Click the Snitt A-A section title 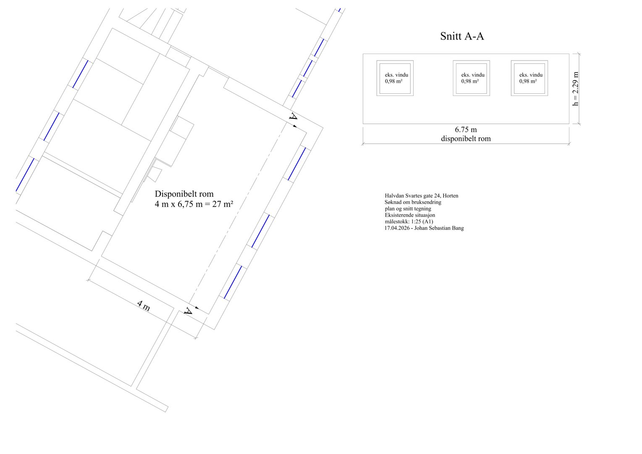pos(462,36)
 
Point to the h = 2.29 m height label pos(575,89)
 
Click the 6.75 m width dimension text pos(466,130)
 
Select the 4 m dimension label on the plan pos(143,306)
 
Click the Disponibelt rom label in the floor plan pos(184,194)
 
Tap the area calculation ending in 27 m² pos(194,204)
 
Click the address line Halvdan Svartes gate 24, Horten pos(421,196)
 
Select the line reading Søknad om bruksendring pos(413,202)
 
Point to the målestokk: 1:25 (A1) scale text pos(409,222)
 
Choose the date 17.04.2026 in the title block pos(398,228)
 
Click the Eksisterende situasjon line pos(410,215)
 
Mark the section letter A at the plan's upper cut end pos(293,116)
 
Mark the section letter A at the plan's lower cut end pos(188,311)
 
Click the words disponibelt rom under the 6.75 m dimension pos(466,139)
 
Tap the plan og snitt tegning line pos(408,209)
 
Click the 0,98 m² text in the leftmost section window pos(393,81)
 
